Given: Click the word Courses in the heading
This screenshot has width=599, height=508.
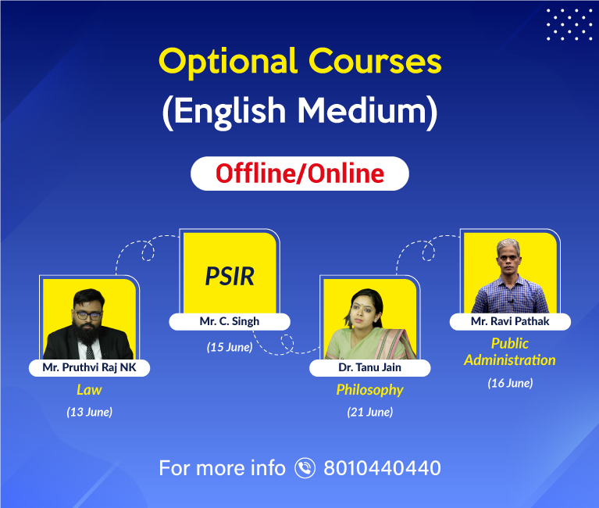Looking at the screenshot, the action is click(375, 61).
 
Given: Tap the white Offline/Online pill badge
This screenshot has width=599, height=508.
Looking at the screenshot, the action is click(300, 174).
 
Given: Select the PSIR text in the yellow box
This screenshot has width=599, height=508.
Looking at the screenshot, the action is click(230, 276).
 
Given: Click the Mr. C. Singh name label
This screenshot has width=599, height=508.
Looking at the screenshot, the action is click(230, 321).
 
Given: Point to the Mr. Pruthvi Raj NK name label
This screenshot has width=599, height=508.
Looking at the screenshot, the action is click(89, 368).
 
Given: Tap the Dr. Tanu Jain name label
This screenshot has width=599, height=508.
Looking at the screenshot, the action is click(370, 368).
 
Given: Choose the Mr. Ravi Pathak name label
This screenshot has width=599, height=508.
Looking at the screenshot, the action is click(511, 321).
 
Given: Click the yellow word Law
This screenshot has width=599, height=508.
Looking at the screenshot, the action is click(89, 390).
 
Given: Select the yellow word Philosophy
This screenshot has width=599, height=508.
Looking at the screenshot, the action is click(370, 390).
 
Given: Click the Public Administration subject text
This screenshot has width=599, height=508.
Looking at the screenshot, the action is click(510, 352).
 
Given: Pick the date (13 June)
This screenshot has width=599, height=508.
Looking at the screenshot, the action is click(89, 412).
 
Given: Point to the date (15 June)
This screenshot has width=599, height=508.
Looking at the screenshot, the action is click(230, 347).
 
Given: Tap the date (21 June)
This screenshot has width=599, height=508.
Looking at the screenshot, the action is click(370, 412).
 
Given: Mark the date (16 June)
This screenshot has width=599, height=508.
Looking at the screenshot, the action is click(511, 383).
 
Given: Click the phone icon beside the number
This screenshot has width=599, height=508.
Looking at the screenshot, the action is click(305, 468).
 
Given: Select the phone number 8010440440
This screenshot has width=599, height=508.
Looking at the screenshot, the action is click(383, 468).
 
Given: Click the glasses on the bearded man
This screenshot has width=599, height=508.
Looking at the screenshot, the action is click(88, 315).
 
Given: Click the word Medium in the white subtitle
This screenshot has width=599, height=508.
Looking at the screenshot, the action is click(362, 110).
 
